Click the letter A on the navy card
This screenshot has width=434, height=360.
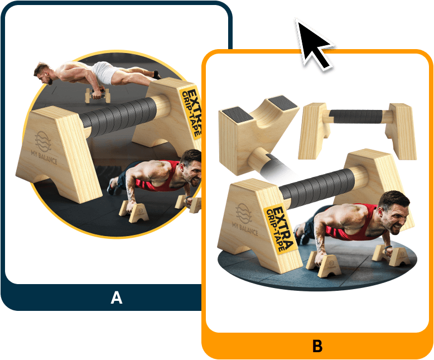117,297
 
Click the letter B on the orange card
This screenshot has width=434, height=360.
317,345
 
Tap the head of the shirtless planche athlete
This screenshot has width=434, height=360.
43,73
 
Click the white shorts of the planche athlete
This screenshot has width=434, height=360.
104,73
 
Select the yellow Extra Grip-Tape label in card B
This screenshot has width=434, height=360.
279,228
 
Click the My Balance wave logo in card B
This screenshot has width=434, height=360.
244,214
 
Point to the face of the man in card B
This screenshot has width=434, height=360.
396,215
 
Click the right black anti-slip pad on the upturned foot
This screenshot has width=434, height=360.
282,102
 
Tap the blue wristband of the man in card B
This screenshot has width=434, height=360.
387,248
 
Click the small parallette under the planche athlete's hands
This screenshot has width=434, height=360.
98,95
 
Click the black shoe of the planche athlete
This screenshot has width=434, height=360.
157,74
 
